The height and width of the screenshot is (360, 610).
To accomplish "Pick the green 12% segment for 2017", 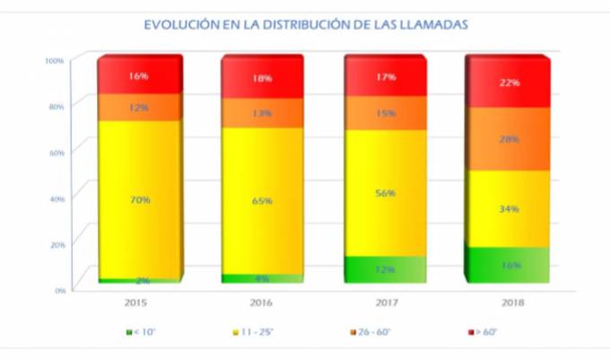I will point(384,269).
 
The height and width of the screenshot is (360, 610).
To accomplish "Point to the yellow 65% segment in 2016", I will point(261,200).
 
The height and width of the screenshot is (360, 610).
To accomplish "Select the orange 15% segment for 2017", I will point(384,113).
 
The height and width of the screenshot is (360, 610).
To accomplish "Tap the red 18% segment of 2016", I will point(261,78).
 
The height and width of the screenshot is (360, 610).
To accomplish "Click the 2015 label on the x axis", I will point(138,303).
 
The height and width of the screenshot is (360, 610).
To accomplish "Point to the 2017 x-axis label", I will point(384,303).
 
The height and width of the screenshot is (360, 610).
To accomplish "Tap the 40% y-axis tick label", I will point(55,198).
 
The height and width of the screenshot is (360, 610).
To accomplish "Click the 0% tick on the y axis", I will point(57,289).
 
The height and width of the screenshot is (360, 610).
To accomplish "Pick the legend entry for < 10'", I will point(143,333).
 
